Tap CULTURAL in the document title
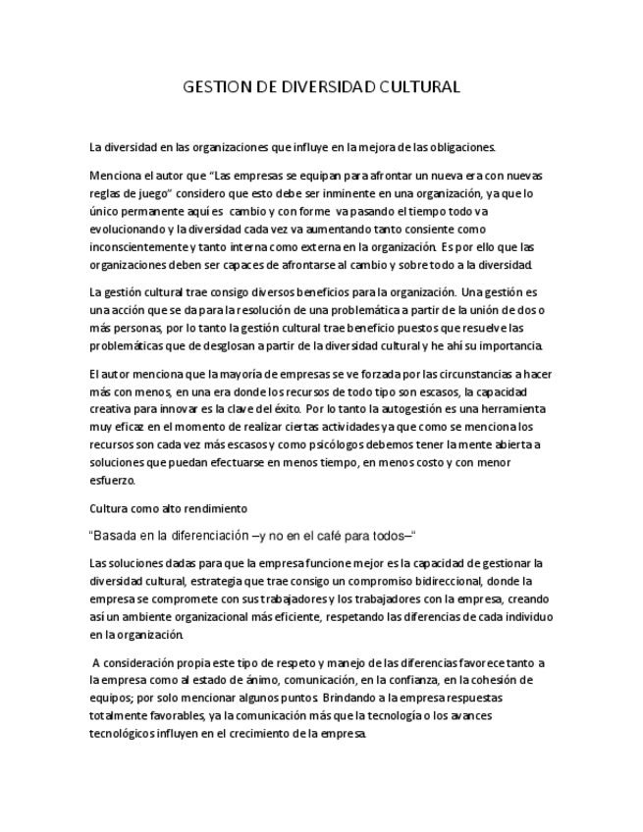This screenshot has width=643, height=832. (420, 87)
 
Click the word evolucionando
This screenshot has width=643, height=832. (129, 229)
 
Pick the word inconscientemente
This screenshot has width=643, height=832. (139, 246)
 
